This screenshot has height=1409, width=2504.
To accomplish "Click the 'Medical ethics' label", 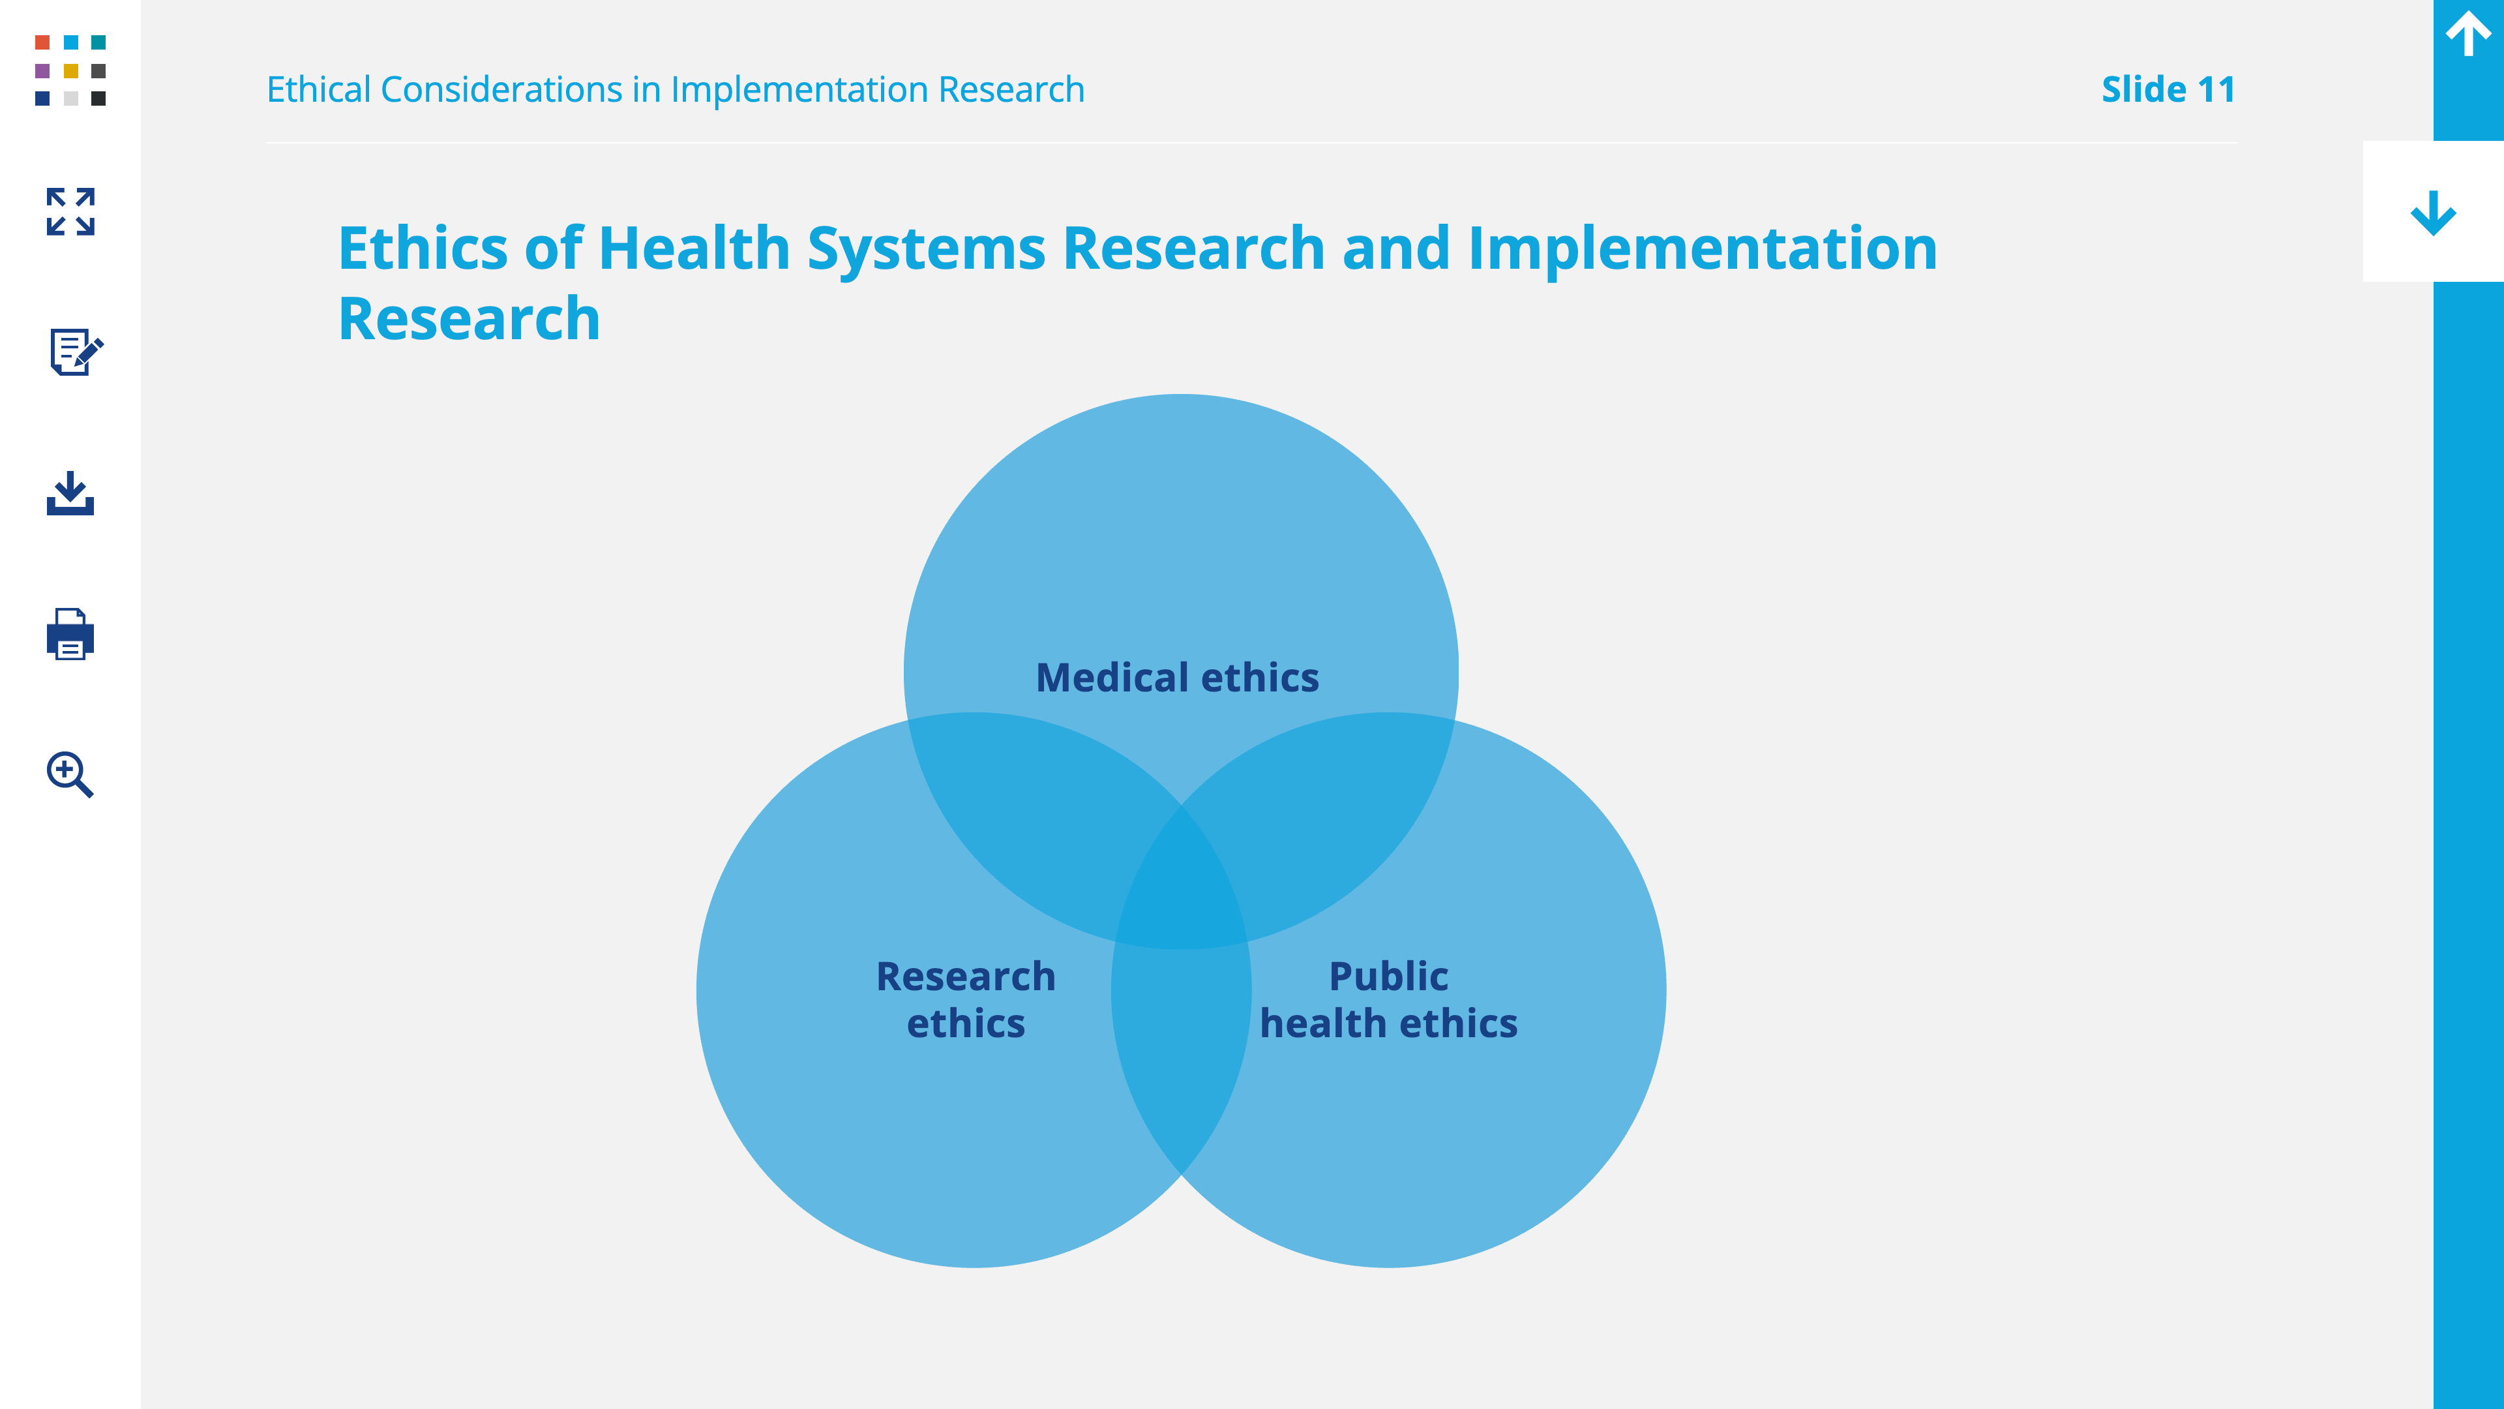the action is pyautogui.click(x=1177, y=678).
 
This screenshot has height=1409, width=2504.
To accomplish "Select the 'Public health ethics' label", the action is pyautogui.click(x=1388, y=999).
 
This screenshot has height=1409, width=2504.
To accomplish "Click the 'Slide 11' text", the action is pyautogui.click(x=2168, y=89).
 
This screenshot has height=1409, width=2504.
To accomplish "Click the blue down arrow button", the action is pyautogui.click(x=2433, y=212).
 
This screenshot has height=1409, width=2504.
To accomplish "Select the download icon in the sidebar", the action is pyautogui.click(x=70, y=493).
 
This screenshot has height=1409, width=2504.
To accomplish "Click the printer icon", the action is pyautogui.click(x=70, y=634).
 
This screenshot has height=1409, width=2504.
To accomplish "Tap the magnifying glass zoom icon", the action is pyautogui.click(x=70, y=775).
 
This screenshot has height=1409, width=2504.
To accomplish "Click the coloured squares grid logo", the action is pyautogui.click(x=70, y=70).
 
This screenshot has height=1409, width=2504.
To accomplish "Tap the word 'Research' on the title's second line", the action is pyautogui.click(x=469, y=319).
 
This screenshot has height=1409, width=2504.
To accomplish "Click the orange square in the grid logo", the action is pyautogui.click(x=42, y=42).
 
